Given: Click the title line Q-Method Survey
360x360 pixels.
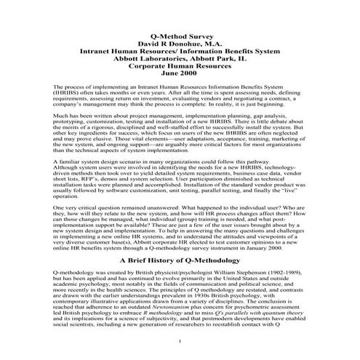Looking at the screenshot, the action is (x=180, y=33).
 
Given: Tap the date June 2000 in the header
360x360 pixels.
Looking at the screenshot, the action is (x=180, y=73).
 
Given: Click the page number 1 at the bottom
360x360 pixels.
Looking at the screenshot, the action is (x=180, y=341).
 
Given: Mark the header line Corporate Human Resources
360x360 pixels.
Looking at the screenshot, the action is (x=180, y=63).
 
